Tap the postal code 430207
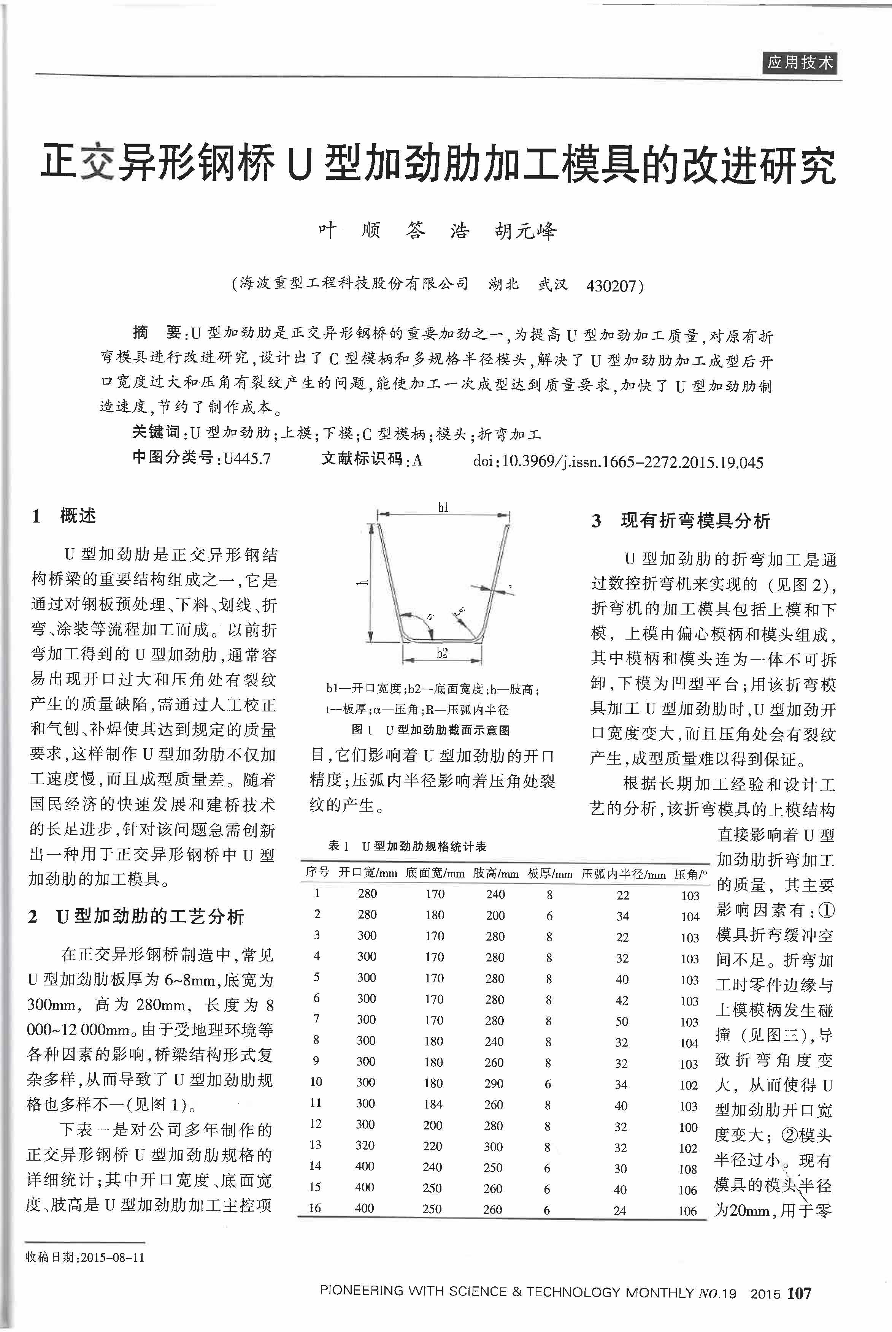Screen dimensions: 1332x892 tap(611, 285)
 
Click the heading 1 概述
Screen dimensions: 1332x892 tap(64, 516)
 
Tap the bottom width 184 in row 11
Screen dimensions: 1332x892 tap(433, 1104)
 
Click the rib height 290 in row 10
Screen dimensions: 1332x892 tap(494, 1083)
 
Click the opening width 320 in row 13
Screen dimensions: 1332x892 tap(365, 1145)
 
